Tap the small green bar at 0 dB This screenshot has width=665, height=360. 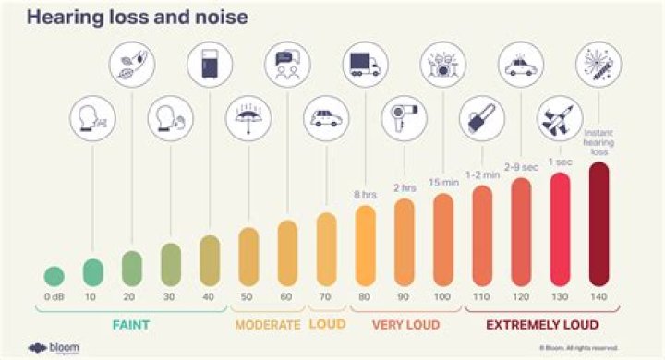point(54,275)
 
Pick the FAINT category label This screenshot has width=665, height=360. point(131,325)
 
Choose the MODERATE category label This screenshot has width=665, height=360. point(268,325)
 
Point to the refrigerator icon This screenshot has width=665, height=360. point(210,63)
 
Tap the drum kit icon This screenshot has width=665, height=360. point(443,63)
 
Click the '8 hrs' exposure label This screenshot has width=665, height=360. point(365,195)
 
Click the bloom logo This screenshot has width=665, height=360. point(51,347)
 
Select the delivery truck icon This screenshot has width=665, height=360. point(365,63)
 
